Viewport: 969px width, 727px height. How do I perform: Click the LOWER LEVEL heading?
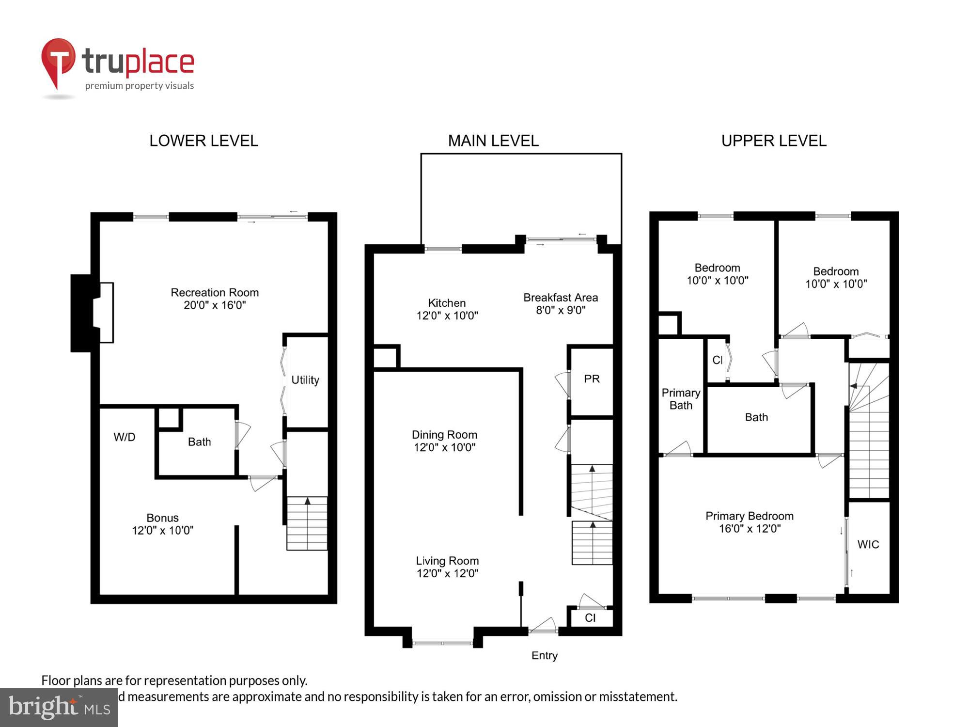point(203,141)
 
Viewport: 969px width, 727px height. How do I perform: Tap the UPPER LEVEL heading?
point(773,141)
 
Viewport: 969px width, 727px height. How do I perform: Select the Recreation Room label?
point(215,293)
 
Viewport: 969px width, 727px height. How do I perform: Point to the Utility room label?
point(305,380)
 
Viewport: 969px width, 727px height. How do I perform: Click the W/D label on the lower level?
point(125,437)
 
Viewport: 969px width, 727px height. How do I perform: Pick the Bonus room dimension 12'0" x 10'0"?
point(163,531)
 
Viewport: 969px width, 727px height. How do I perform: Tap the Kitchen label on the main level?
point(447,303)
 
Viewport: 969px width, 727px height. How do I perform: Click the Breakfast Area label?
point(561,298)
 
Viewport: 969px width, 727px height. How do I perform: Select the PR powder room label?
point(592,379)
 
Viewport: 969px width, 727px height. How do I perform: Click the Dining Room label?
point(444,435)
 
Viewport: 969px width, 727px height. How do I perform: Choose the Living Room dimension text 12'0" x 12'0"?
point(447,573)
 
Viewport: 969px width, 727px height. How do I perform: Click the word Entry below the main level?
point(544,656)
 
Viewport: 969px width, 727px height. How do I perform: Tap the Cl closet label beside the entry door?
point(590,618)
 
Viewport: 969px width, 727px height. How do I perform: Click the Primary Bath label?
point(681,399)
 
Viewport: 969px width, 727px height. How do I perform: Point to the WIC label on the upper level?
point(868,545)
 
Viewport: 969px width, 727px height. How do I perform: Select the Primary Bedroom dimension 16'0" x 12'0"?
point(750,529)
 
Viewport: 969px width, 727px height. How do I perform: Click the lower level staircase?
point(307,523)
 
